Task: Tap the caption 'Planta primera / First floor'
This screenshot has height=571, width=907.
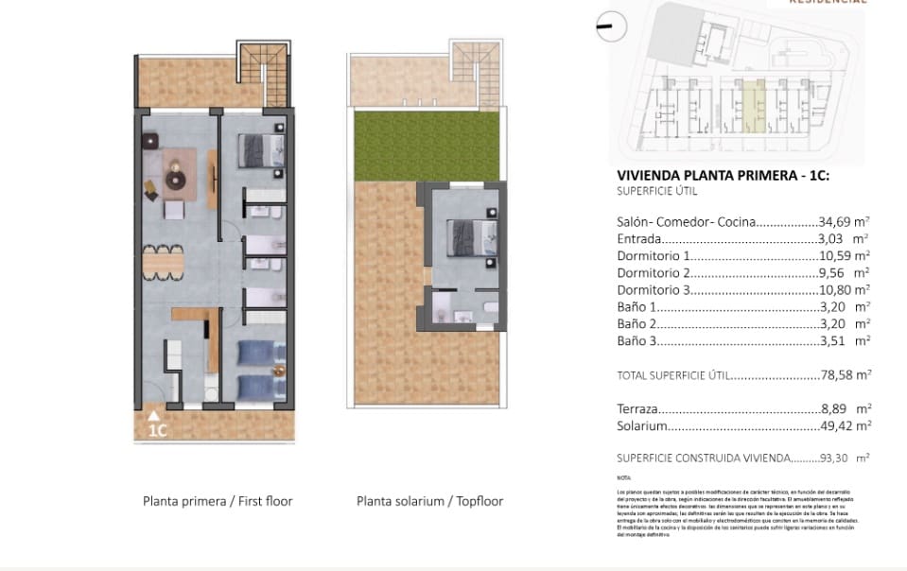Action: coord(218,501)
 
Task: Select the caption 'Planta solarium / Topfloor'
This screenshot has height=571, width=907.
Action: coord(429,501)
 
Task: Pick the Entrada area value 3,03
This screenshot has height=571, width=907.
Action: coord(844,239)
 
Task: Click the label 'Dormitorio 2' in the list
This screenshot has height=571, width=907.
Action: coord(653,273)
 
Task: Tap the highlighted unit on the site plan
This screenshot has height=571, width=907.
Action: coord(752,105)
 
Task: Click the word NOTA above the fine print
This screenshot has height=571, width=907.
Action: coord(622,479)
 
